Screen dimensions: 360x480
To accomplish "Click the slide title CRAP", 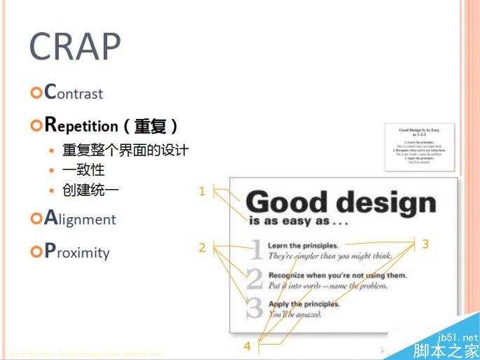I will (x=75, y=47).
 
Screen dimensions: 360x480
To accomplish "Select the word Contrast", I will (x=73, y=92).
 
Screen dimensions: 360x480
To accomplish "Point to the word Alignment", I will (x=79, y=219).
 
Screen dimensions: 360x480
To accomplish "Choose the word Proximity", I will (x=76, y=251).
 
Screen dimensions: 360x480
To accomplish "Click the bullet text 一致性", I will (x=83, y=169).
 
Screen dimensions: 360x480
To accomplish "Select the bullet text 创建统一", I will (x=90, y=190).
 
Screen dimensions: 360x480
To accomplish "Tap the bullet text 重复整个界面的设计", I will (x=125, y=150).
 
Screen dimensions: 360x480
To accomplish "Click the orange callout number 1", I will (x=202, y=191).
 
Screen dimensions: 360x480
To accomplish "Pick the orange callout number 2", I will (x=202, y=247).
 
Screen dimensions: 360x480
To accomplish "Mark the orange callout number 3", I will (x=425, y=244).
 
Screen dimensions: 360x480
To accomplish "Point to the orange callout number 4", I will (x=247, y=346).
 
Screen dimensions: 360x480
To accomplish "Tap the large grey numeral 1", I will (x=256, y=249).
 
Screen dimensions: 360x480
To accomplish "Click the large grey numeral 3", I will (x=255, y=308).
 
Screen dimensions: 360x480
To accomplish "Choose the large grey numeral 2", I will (x=256, y=279).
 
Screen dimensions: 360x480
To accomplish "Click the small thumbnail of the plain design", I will (x=419, y=147).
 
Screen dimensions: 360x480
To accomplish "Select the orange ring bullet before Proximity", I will (x=36, y=252).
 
